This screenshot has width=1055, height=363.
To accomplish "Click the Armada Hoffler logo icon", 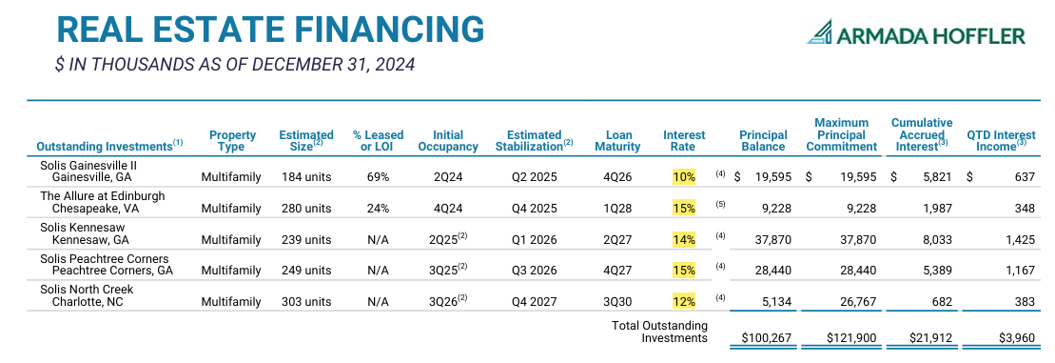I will tap(819, 33).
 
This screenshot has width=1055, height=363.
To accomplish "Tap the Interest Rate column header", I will tap(684, 141).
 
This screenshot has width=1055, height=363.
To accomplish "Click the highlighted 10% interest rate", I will tap(684, 177).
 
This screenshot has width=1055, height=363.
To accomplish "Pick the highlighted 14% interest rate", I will tap(684, 240).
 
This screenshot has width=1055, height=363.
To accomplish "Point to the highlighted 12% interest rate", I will tap(684, 302).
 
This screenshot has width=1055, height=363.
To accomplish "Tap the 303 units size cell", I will tap(306, 302).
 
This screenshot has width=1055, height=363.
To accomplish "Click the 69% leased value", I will tap(378, 177).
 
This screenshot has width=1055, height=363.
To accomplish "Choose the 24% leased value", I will tap(378, 209).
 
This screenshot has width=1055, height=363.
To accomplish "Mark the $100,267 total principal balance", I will tap(763, 338).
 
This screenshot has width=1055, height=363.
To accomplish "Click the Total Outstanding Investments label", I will tap(658, 332).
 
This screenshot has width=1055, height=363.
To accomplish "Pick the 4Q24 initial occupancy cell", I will tap(448, 209).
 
